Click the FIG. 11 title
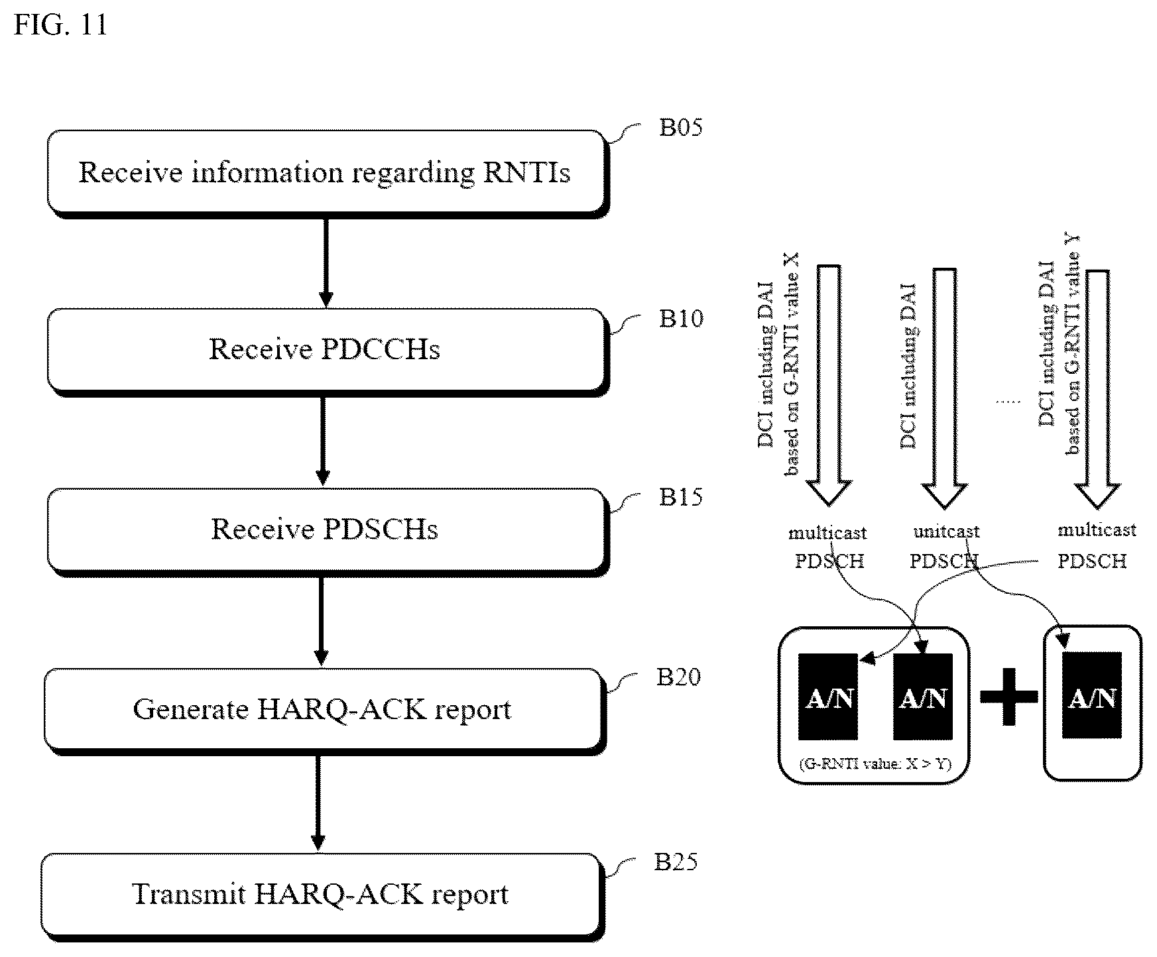point(60,25)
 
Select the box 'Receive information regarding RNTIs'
point(326,172)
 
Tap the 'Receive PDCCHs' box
point(326,350)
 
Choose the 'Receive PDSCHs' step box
point(326,530)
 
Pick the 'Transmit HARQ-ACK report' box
point(322,895)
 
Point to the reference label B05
point(680,127)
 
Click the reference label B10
point(680,319)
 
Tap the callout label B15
point(680,497)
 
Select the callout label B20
point(678,677)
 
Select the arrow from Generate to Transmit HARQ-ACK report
point(318,803)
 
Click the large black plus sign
point(1008,696)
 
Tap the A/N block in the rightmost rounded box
point(1092,695)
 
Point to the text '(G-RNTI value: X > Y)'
point(875,764)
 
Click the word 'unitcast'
point(946,532)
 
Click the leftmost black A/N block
point(828,697)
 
